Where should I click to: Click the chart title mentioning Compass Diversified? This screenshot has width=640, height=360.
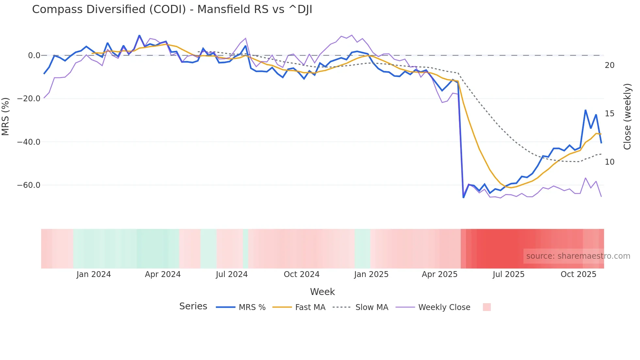[172, 9]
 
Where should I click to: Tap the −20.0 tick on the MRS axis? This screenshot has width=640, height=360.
[29, 99]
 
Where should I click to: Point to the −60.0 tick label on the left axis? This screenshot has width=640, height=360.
[29, 185]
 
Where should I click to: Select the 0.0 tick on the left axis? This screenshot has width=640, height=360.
[34, 56]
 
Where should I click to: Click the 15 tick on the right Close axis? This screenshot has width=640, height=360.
[609, 114]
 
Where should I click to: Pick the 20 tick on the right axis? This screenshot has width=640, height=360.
[609, 65]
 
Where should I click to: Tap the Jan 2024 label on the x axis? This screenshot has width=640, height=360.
[94, 274]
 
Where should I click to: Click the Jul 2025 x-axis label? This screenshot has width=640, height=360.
[508, 274]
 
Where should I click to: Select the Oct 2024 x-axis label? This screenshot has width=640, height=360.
[301, 274]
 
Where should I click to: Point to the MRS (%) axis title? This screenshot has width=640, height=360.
[6, 116]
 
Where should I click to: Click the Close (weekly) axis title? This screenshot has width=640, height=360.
[627, 117]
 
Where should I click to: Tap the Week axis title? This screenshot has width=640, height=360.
[322, 292]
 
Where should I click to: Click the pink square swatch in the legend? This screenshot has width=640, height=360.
[487, 307]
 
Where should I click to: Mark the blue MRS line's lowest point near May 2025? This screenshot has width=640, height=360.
[463, 197]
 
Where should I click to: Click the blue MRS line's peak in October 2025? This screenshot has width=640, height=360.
[585, 110]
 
